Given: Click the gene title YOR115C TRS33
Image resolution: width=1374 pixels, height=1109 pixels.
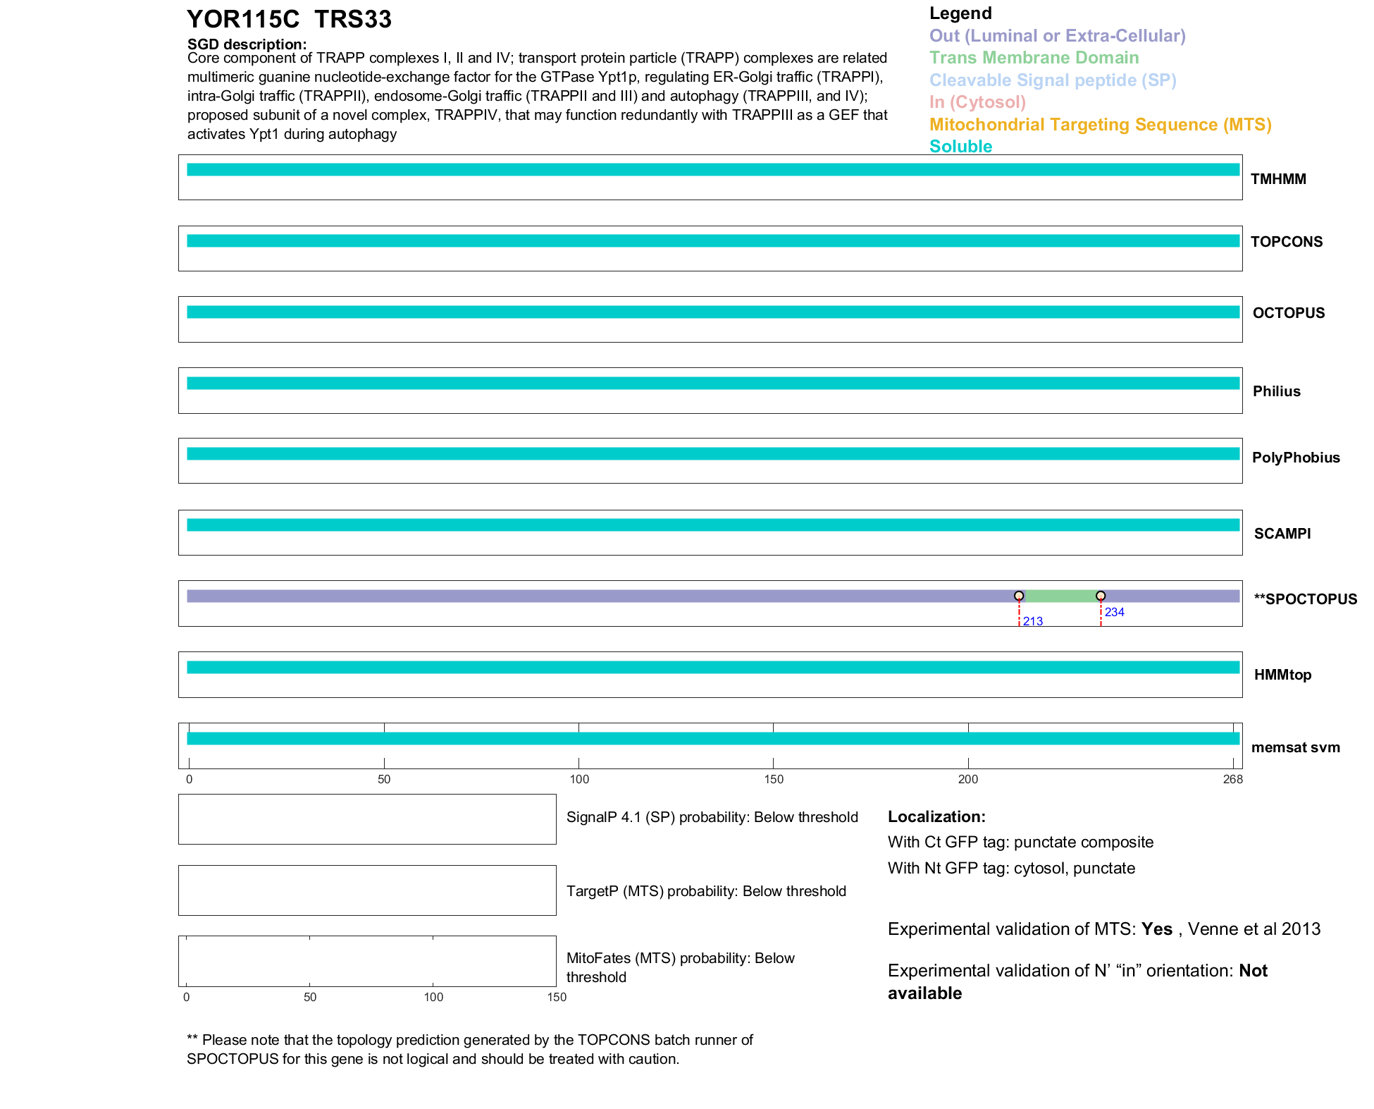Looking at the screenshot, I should tap(289, 20).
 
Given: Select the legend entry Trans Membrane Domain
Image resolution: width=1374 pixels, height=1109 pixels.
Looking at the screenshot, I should tap(1034, 58).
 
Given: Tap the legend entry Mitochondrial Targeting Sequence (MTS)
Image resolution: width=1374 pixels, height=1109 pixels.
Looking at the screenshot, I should tap(1100, 125).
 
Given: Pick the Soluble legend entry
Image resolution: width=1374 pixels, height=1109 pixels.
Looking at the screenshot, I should tap(960, 147).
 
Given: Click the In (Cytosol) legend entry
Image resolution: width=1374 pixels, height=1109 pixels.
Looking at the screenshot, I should tap(977, 102).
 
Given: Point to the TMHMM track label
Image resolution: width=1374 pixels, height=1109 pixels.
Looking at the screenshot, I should tap(1278, 179).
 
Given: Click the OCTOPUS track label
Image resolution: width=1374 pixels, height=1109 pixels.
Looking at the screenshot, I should tap(1288, 313).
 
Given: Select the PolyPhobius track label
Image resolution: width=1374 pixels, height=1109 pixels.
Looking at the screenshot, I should tap(1296, 458).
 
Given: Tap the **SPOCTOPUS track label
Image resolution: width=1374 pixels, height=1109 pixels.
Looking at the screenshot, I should tap(1305, 599).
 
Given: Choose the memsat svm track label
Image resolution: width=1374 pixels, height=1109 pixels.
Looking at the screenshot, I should tap(1295, 747).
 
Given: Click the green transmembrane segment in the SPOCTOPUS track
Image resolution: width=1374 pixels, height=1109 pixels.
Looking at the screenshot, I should tap(1060, 596).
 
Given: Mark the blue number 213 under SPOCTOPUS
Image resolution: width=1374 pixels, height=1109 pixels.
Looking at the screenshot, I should tap(1033, 621).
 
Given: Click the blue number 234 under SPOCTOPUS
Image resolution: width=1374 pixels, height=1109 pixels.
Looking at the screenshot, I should tap(1115, 612).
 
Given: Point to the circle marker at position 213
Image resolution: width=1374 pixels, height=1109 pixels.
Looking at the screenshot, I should tap(1019, 596).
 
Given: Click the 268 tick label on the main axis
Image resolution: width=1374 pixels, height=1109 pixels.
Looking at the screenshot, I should tap(1233, 779).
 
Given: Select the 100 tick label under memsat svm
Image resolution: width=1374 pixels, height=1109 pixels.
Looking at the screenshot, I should tap(579, 779).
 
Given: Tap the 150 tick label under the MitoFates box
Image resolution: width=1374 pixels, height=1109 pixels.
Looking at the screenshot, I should tap(557, 997).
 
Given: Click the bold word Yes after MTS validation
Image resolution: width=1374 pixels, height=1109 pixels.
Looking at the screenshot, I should tap(1157, 929).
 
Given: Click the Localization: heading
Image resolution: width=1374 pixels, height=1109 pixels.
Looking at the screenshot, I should tap(936, 816).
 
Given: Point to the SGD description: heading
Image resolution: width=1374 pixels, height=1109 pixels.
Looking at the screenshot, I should tap(247, 44).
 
